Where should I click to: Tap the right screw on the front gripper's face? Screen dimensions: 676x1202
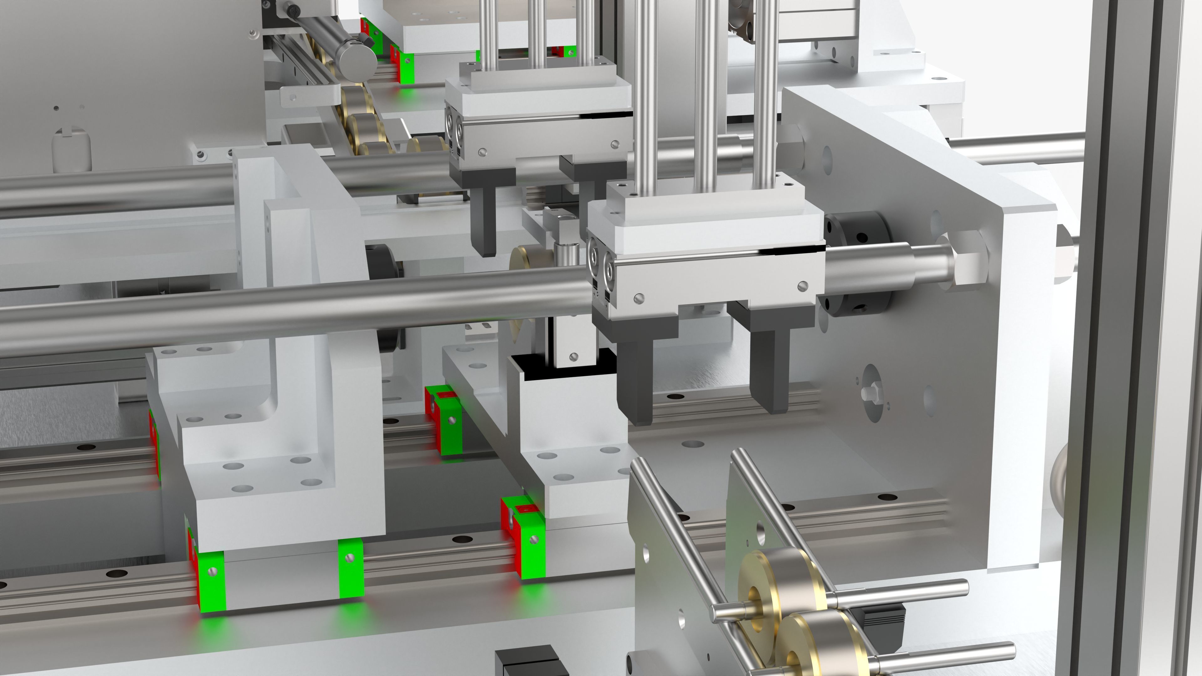[x=803, y=285]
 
